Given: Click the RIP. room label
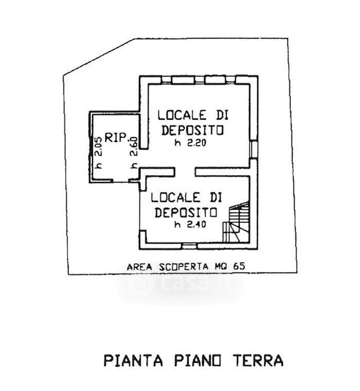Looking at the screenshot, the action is point(117,138).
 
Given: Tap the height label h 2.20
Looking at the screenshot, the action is point(190,143).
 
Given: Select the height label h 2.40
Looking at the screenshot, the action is point(190,225).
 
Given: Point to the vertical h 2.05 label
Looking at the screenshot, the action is point(99,152).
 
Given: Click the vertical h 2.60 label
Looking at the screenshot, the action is point(134,152).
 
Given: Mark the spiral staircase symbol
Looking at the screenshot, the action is point(236,222).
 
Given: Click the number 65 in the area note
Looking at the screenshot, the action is point(239,267).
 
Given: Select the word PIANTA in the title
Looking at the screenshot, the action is point(133,360).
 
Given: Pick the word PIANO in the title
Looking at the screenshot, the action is point(198,360).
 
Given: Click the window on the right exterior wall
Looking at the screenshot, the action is point(254,149).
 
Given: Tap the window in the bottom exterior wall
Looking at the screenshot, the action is point(189,246).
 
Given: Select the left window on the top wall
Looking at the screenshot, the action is point(166,80).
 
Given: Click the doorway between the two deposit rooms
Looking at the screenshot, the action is point(185,172).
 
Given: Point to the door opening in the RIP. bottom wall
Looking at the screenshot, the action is point(121,181).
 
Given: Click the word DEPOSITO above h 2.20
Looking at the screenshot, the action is point(192,130).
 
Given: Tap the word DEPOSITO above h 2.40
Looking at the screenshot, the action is point(186,212).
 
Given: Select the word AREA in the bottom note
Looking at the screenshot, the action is point(140,267).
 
